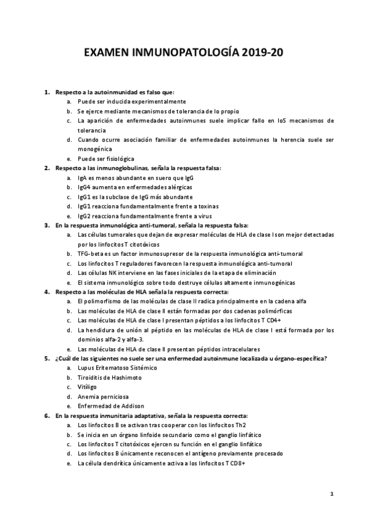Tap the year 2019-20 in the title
pyautogui.click(x=260, y=54)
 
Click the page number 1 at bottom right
pyautogui.click(x=331, y=493)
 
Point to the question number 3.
pyautogui.click(x=47, y=225)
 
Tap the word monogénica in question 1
pyautogui.click(x=94, y=149)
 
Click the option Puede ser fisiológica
pyautogui.click(x=105, y=159)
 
